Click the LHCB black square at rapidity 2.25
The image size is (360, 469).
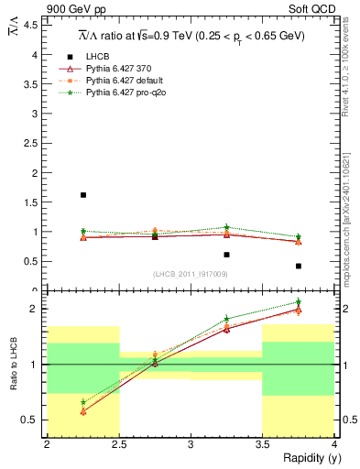[83, 195]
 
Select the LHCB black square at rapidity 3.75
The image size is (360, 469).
[299, 266]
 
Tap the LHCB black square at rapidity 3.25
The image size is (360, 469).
[227, 255]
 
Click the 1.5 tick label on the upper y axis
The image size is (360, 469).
[32, 202]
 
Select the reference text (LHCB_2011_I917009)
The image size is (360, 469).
[190, 274]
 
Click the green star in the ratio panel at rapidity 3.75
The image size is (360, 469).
[299, 302]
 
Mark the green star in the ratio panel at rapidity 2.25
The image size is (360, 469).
[83, 402]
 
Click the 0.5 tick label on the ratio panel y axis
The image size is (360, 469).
[32, 420]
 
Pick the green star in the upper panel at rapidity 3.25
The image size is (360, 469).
[227, 227]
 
